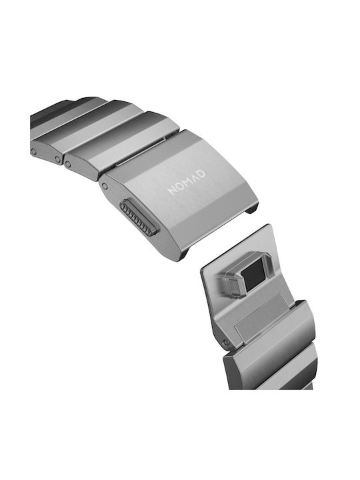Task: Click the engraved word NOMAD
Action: point(187,183)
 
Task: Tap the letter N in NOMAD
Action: point(172,190)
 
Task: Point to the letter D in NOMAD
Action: point(201,174)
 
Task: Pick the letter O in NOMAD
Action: point(179,187)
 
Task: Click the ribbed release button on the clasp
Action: point(139,218)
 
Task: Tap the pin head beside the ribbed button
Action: point(105,186)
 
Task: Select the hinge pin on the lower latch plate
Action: point(226,342)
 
